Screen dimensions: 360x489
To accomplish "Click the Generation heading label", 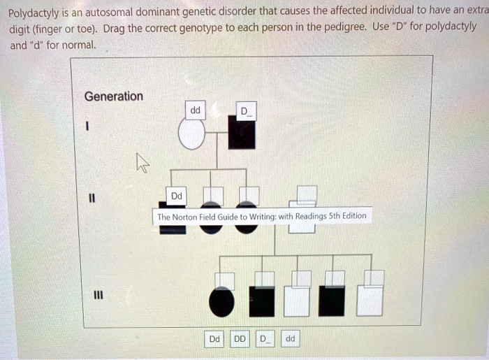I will (113, 96).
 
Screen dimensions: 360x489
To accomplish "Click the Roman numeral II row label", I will (89, 199).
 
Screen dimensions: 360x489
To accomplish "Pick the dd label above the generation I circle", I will (195, 110).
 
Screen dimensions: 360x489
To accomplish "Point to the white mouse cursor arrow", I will (143, 164).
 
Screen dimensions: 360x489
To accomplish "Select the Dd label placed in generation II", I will (175, 196).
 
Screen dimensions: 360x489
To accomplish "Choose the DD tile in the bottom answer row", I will (240, 339).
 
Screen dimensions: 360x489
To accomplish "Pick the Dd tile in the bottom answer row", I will (215, 339).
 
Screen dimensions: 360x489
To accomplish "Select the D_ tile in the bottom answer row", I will (264, 339).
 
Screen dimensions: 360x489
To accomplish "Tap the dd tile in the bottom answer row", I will (290, 339).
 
